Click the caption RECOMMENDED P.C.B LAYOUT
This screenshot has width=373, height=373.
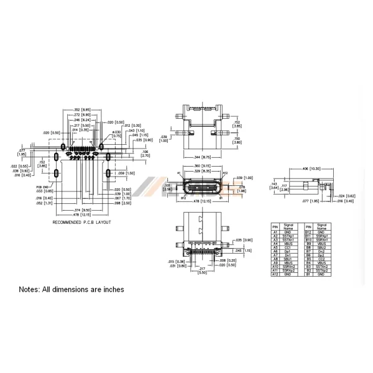82,222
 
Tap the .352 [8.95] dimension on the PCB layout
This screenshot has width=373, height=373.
83,110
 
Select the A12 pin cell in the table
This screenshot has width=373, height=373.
275,274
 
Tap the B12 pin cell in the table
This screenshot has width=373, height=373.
308,232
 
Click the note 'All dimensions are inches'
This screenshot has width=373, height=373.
71,289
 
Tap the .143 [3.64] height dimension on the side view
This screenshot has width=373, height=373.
274,186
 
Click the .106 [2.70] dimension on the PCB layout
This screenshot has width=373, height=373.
145,152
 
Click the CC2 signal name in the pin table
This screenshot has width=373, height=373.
321,259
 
